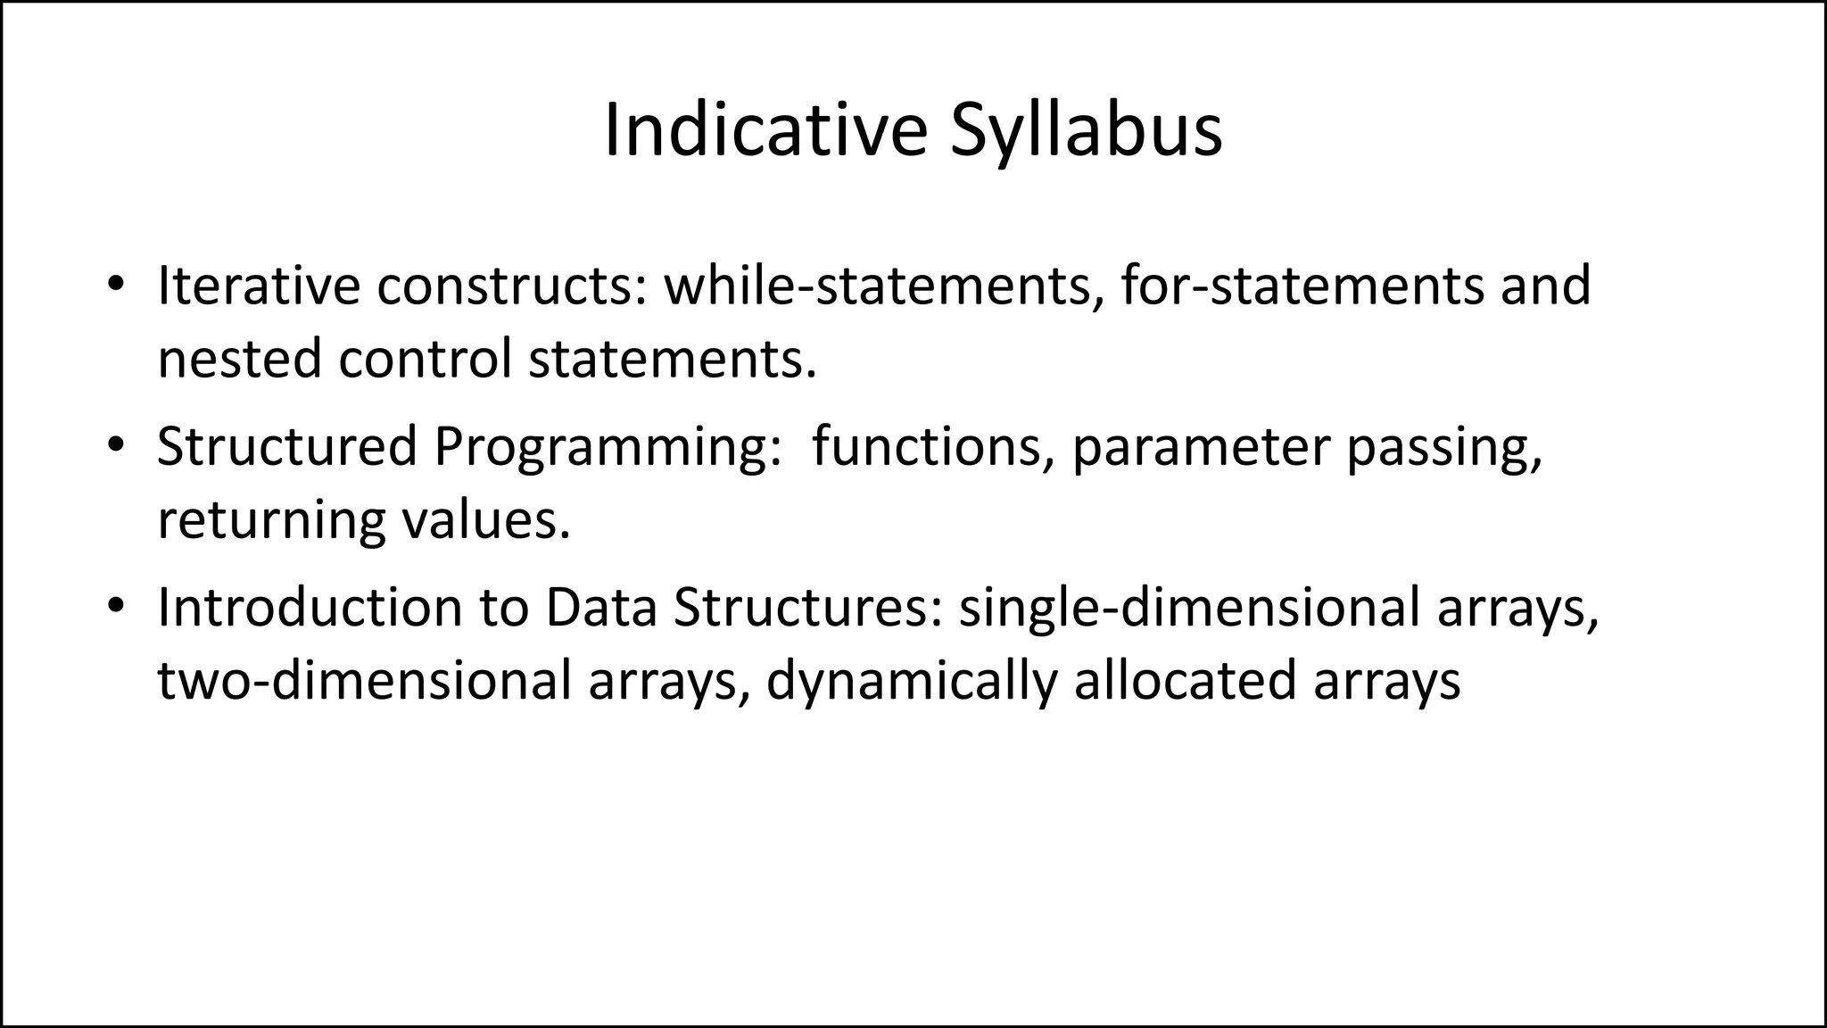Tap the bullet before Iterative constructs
tap(114, 285)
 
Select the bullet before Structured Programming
tap(114, 446)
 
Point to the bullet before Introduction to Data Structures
tap(114, 607)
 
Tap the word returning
tap(271, 521)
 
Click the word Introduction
tap(310, 608)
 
